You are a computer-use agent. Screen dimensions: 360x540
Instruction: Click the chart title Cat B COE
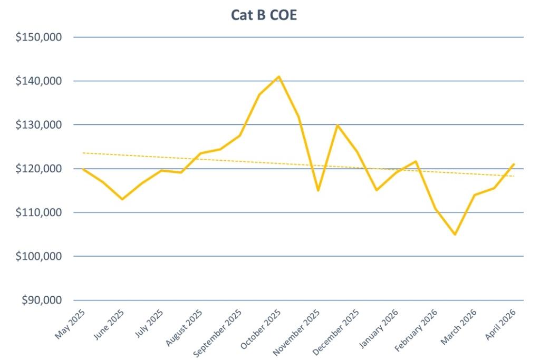coord(264,15)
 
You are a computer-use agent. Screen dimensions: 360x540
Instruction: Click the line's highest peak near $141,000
coord(279,76)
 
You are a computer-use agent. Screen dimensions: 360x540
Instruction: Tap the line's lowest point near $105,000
coord(455,235)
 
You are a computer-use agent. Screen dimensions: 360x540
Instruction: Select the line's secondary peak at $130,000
coord(337,125)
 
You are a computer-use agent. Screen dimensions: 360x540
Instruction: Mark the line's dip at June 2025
coord(122,199)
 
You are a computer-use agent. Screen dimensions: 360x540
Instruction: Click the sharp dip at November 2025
coord(318,190)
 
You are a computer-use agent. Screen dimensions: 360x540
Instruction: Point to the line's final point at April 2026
coord(514,164)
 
